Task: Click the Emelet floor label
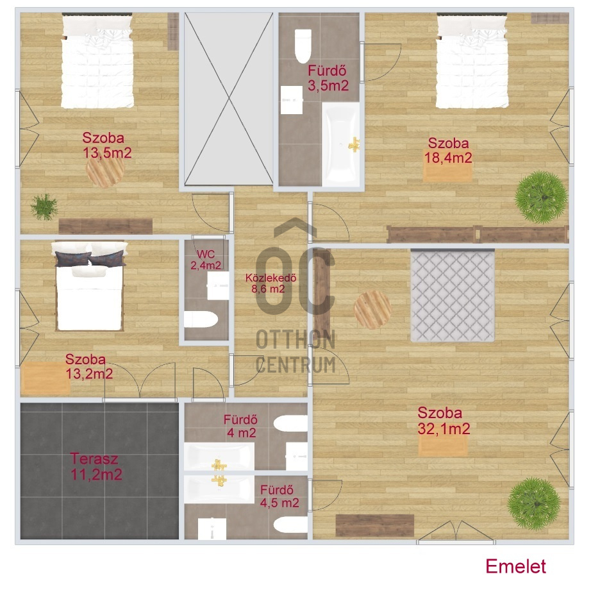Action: click(x=515, y=566)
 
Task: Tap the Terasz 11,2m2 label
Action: click(x=96, y=467)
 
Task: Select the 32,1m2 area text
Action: click(x=444, y=429)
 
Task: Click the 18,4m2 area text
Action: click(x=448, y=158)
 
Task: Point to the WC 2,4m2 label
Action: click(x=205, y=260)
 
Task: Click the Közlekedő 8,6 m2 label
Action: click(x=271, y=283)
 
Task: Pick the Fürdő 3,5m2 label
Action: click(x=328, y=78)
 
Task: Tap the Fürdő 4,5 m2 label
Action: click(x=279, y=496)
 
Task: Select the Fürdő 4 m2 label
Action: click(x=241, y=426)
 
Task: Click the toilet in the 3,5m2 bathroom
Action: click(x=303, y=46)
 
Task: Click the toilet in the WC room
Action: click(x=201, y=319)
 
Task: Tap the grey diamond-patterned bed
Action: click(x=453, y=296)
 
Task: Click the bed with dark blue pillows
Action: click(x=90, y=287)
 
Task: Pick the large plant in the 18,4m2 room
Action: click(x=541, y=197)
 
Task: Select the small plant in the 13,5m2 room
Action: click(x=44, y=207)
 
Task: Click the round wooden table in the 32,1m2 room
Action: click(x=372, y=309)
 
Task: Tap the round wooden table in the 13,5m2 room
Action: click(x=106, y=171)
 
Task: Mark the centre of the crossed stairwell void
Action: click(x=229, y=99)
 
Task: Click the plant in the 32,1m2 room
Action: click(x=534, y=504)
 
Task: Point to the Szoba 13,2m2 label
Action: click(x=89, y=366)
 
